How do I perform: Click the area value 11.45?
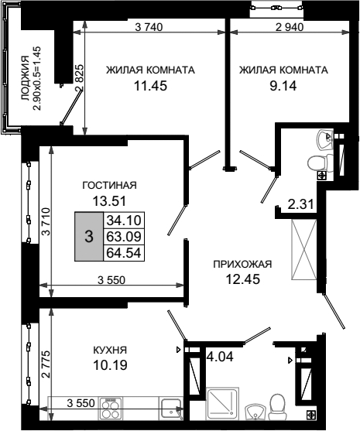click(x=150, y=86)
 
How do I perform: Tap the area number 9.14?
click(x=283, y=86)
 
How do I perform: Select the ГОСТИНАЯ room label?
click(x=109, y=185)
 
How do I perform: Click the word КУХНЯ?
click(x=110, y=351)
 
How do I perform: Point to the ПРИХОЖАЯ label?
click(x=242, y=264)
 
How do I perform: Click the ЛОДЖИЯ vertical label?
click(x=26, y=78)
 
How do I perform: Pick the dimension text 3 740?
click(x=149, y=27)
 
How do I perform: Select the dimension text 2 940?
click(x=290, y=27)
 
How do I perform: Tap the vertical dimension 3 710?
click(x=46, y=221)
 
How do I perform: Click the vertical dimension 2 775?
click(x=46, y=364)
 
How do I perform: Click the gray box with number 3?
click(x=89, y=236)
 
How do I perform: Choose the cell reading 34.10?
click(x=124, y=221)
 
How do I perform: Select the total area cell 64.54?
click(x=124, y=252)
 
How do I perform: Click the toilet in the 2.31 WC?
click(x=320, y=163)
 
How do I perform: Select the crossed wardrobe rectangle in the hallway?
click(x=304, y=250)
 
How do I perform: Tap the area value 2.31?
click(x=301, y=204)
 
